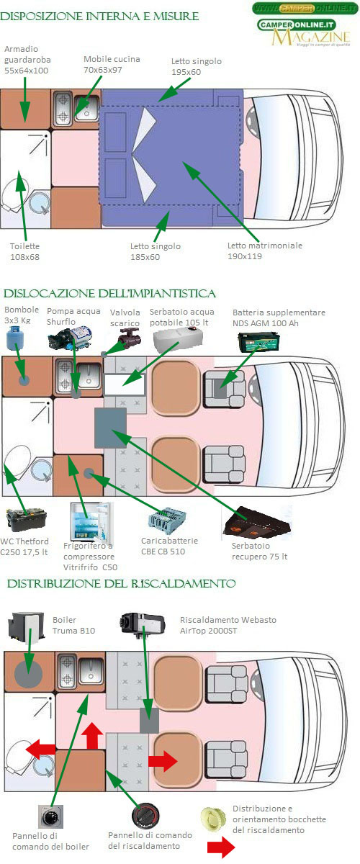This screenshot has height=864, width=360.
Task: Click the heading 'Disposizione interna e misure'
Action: [99, 17]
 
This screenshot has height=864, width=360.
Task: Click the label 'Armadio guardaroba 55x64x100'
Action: [27, 60]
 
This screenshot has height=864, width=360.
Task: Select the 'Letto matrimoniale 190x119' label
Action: [265, 251]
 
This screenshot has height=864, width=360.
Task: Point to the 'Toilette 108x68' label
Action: [24, 251]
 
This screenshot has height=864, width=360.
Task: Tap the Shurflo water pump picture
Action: [71, 338]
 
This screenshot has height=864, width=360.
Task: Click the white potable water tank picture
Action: [178, 339]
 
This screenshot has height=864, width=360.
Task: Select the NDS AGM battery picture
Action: [258, 342]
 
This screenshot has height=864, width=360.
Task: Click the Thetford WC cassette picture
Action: [26, 520]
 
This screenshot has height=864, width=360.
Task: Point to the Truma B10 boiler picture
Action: [26, 629]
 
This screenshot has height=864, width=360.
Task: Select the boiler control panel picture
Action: [50, 816]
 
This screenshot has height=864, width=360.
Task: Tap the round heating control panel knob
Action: [145, 816]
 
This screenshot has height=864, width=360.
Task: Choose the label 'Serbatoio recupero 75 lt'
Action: [259, 552]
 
